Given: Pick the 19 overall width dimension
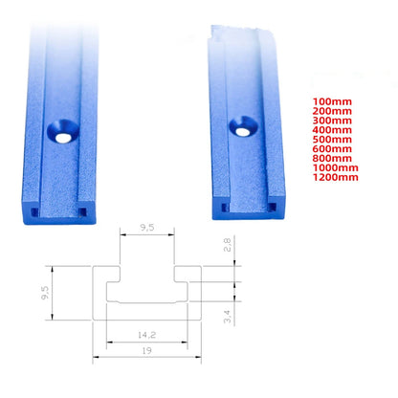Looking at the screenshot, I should pos(146,352).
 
